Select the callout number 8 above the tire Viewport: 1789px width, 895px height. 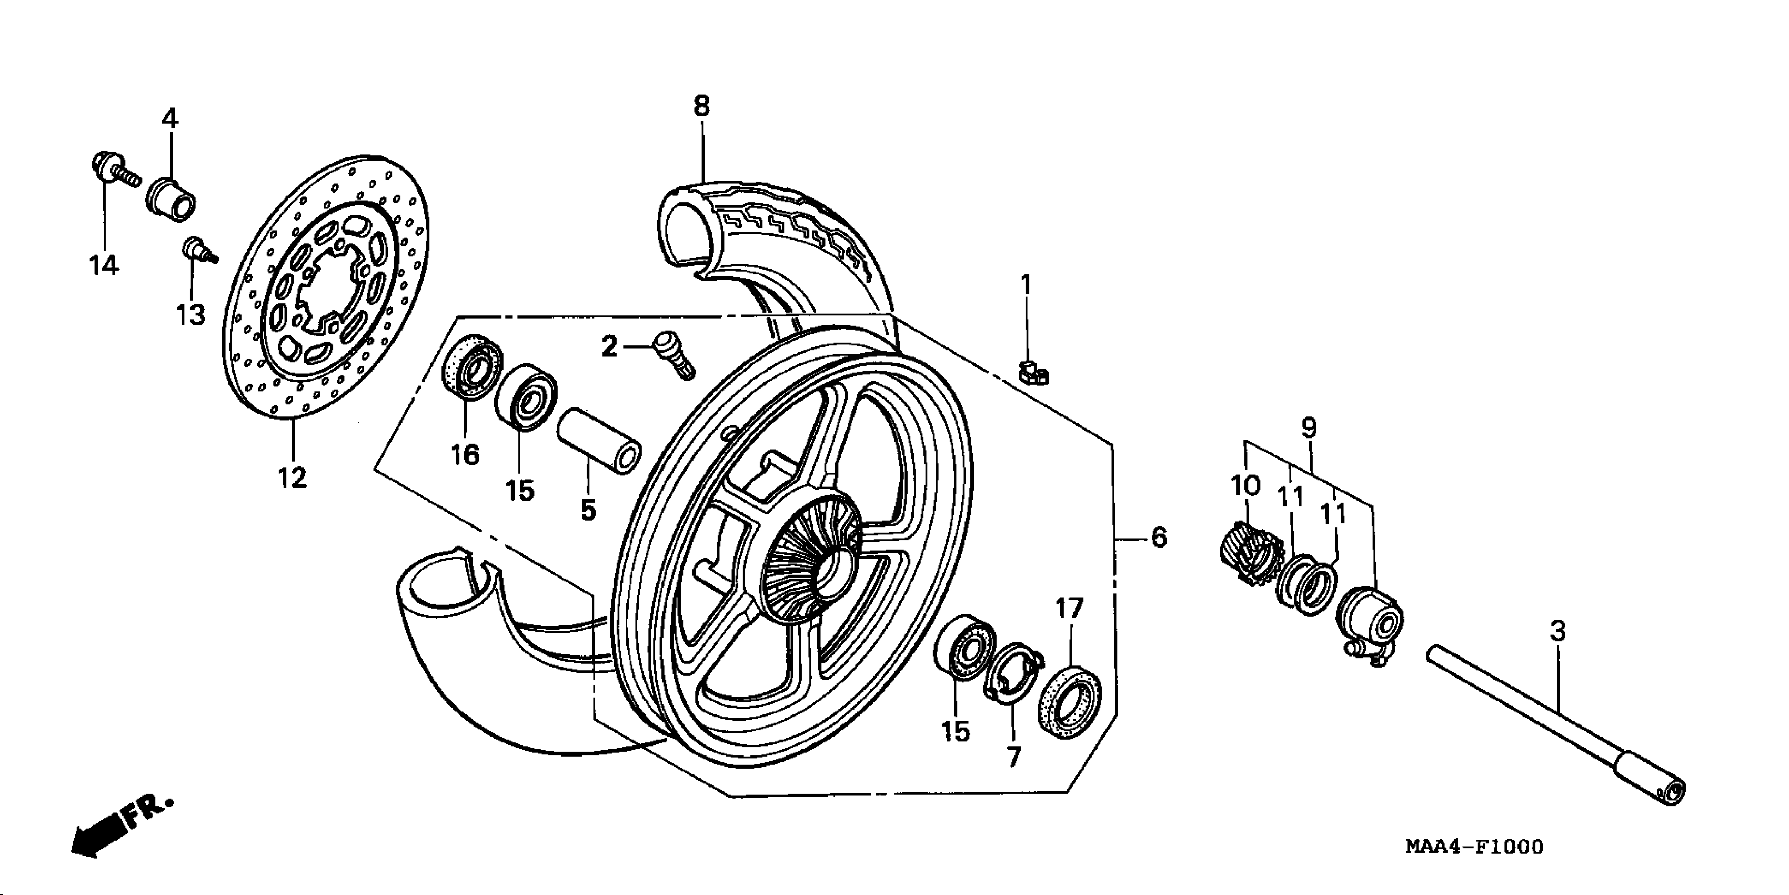tap(701, 106)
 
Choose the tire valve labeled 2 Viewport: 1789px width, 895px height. tap(674, 354)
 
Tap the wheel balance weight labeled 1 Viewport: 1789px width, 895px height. tap(1034, 374)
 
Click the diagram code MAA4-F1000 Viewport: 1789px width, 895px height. tap(1474, 847)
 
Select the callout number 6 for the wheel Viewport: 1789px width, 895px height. tap(1159, 537)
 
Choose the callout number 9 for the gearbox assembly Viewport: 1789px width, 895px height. tap(1309, 427)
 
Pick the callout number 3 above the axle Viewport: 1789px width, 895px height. tap(1557, 631)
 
